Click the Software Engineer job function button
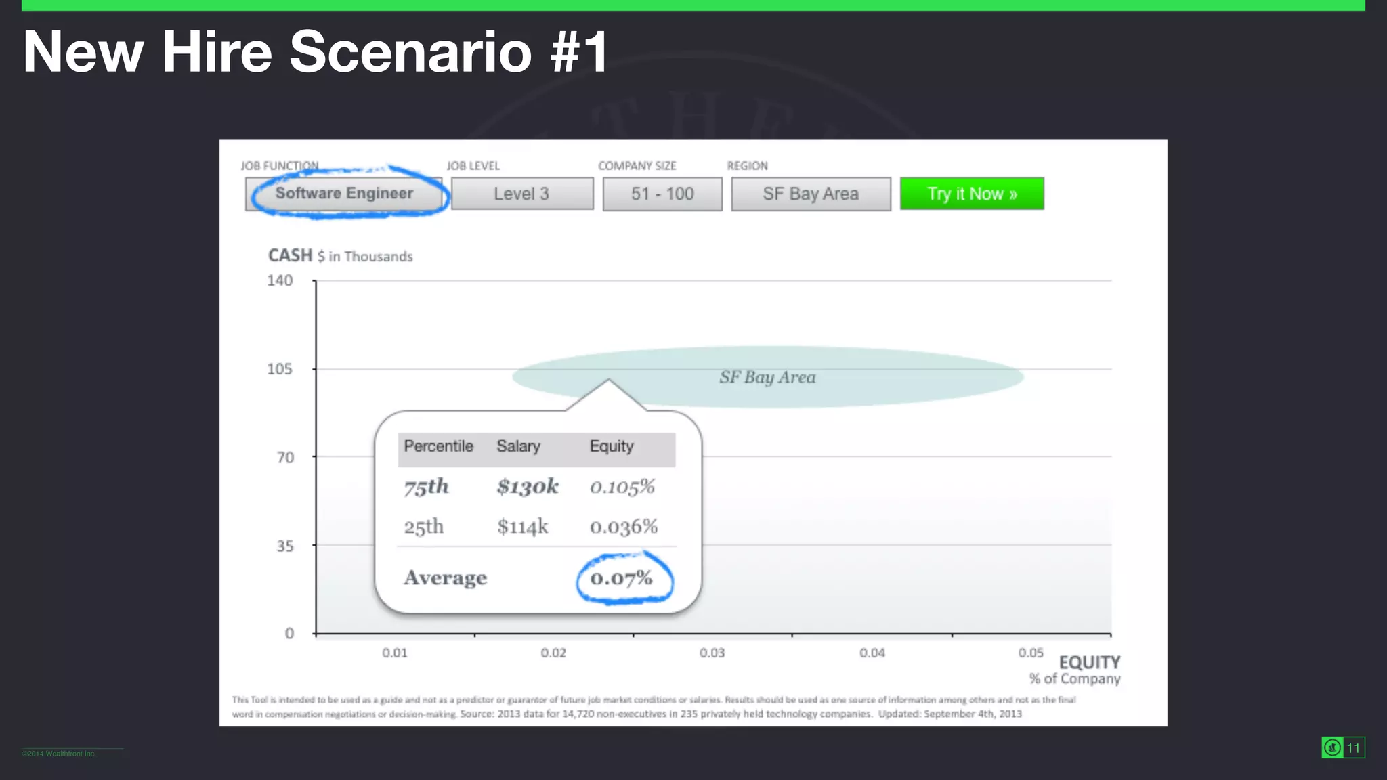coord(344,194)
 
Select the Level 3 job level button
coord(521,194)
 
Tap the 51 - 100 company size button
coord(662,194)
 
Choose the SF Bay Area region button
coord(811,194)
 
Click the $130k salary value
coord(528,486)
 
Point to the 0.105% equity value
coord(622,487)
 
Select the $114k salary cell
coord(522,526)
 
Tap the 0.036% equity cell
coord(624,527)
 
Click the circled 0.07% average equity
coord(622,578)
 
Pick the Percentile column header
coord(438,446)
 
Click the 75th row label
coord(426,486)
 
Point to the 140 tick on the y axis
coord(280,280)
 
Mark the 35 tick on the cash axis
coord(285,546)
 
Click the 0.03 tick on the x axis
coord(712,653)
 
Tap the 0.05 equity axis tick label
coord(1031,653)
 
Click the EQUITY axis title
coord(1089,662)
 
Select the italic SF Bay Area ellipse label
coord(767,377)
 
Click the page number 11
coord(1353,747)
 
